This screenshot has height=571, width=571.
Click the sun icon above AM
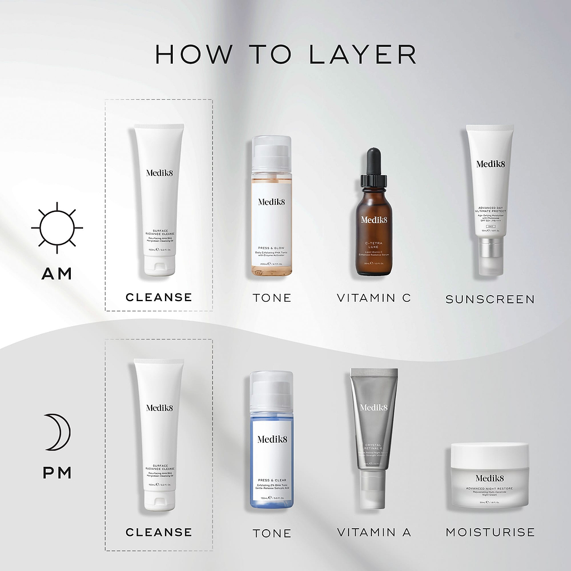(57, 228)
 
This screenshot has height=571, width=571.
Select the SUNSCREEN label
(490, 299)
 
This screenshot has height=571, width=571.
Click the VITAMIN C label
(374, 298)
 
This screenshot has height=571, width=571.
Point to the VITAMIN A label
(374, 533)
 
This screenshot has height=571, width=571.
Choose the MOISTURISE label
(490, 533)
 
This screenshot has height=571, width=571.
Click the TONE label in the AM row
(272, 298)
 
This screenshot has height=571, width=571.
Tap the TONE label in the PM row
(272, 534)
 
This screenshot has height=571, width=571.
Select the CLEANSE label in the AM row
(158, 297)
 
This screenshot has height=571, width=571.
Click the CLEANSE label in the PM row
(158, 533)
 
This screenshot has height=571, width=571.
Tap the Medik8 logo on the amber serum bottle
(374, 220)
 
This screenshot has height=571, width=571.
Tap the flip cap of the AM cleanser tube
(159, 264)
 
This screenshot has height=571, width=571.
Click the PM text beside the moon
(57, 473)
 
